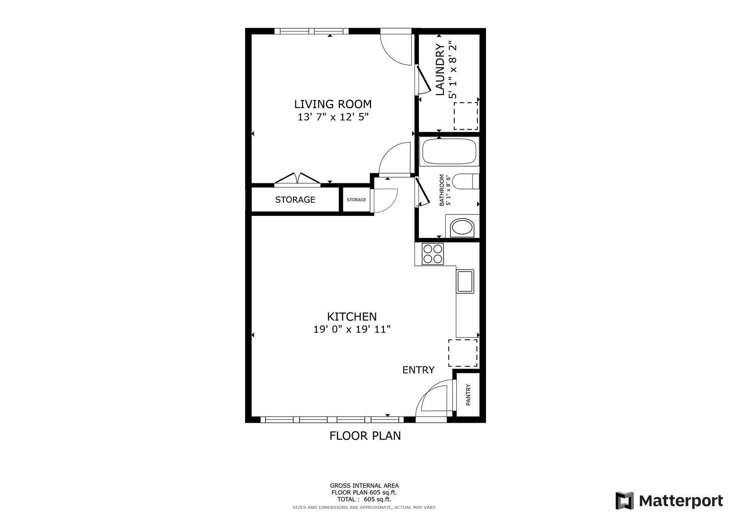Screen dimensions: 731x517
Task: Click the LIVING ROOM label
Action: point(333,104)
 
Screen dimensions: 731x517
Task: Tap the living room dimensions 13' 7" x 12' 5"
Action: point(333,117)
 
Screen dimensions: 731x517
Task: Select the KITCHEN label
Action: point(352,316)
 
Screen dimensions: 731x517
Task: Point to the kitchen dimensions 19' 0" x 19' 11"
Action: point(352,329)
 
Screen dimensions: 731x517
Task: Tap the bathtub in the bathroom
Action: point(449,151)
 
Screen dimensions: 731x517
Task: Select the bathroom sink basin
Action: point(462,227)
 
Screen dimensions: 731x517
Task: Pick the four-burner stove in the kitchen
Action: point(433,254)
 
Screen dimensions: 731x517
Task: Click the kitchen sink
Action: point(465,281)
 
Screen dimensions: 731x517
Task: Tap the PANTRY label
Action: point(468,395)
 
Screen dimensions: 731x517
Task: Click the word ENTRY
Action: point(418,370)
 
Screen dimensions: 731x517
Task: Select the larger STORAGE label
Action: point(295,200)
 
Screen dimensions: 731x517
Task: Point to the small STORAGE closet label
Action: point(356,200)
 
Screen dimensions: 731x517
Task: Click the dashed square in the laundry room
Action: point(466,116)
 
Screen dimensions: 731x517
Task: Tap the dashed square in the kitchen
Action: point(463,353)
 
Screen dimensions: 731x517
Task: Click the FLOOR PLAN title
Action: point(365,436)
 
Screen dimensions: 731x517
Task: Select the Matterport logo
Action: point(669,500)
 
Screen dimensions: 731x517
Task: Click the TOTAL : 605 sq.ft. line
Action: point(364,499)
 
